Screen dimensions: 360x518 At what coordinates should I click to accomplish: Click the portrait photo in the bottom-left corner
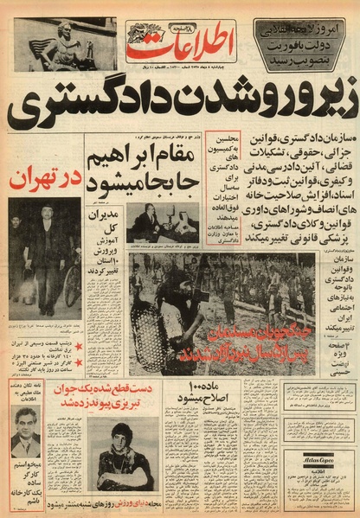tap(26, 432)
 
